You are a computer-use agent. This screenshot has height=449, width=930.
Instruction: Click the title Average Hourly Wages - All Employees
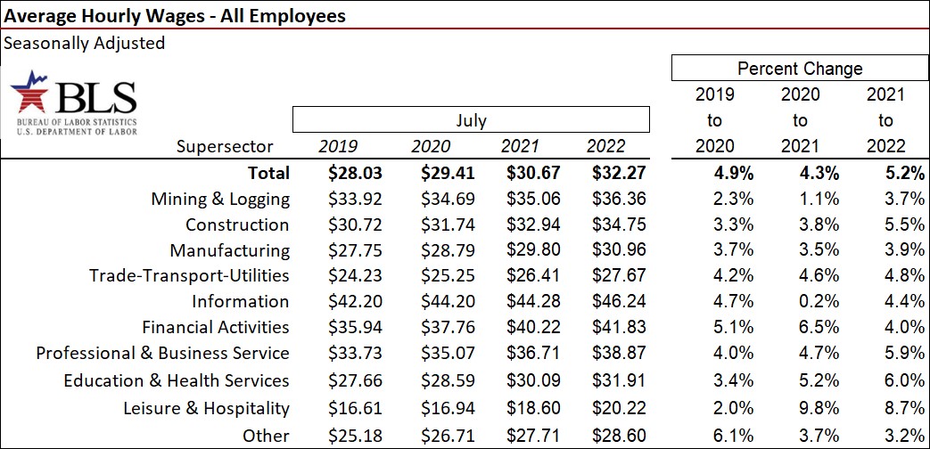(175, 16)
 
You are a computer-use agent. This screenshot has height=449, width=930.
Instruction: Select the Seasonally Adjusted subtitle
(85, 43)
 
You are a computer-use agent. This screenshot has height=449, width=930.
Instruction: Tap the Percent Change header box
(800, 69)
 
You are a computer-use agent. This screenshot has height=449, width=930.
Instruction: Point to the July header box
(470, 120)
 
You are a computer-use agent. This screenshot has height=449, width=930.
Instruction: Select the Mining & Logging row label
(220, 199)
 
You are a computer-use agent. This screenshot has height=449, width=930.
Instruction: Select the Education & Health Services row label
(177, 380)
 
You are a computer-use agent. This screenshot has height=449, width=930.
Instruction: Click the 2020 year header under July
(431, 147)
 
